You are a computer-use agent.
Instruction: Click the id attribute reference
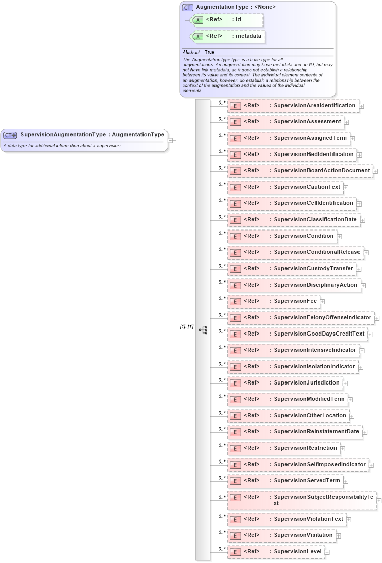click(x=228, y=20)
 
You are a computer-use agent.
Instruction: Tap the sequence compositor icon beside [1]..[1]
click(x=203, y=330)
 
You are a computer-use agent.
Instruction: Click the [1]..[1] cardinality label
click(x=186, y=326)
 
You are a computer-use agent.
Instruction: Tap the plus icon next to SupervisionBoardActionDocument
click(x=375, y=171)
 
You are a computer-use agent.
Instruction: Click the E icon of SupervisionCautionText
click(x=235, y=187)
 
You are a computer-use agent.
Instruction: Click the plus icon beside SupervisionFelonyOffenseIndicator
click(x=377, y=318)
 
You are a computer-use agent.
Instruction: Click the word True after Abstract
click(x=209, y=52)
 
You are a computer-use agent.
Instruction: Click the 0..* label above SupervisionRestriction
click(x=222, y=445)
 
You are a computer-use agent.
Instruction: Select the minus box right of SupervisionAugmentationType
click(x=171, y=140)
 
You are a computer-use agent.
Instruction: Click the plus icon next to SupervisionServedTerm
click(x=346, y=481)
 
